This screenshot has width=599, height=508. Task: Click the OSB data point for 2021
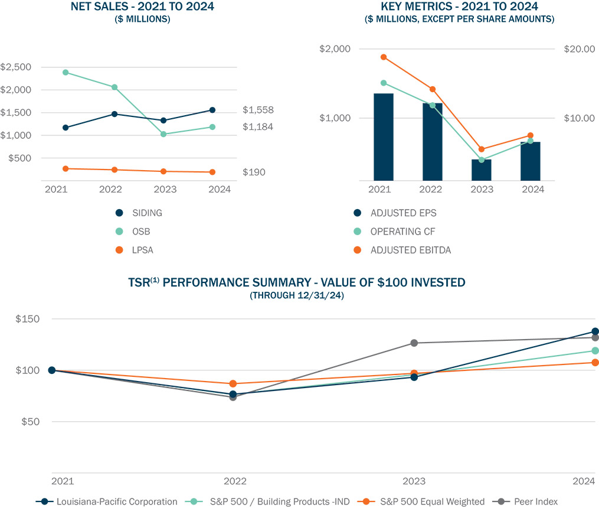coord(66,73)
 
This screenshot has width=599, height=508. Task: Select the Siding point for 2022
coord(114,114)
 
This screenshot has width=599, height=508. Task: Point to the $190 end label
coord(254,172)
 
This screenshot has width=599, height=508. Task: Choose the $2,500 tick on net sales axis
coord(16,67)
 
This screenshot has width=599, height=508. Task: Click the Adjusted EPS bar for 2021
coord(384,136)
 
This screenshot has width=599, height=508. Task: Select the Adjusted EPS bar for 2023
coord(481,170)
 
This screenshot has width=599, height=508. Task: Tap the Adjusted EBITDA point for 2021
coord(384,57)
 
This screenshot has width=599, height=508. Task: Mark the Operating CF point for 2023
coord(481,160)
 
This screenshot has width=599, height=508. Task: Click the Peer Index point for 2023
coord(414,343)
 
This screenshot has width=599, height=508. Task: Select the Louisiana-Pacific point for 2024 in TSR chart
coord(595,331)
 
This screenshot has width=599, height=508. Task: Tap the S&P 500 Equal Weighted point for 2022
coord(233,384)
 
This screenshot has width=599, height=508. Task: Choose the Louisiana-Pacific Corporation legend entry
coord(116,502)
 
